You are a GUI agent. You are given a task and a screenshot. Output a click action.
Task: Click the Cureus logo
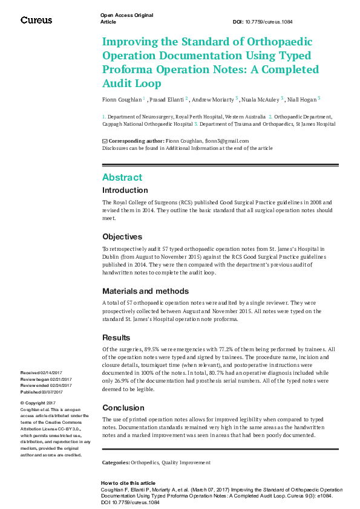click(36, 20)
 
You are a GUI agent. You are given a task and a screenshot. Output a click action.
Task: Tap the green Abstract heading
click(122, 177)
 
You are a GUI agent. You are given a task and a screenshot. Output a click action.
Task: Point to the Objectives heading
click(122, 237)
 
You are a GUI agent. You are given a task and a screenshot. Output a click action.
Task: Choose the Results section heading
click(116, 337)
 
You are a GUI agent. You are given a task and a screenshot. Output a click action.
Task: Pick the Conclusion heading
click(123, 408)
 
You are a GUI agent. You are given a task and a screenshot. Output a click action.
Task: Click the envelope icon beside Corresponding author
click(105, 141)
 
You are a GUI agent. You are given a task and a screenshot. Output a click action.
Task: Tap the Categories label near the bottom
click(116, 462)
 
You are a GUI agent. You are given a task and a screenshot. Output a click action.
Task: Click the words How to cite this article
click(128, 483)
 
